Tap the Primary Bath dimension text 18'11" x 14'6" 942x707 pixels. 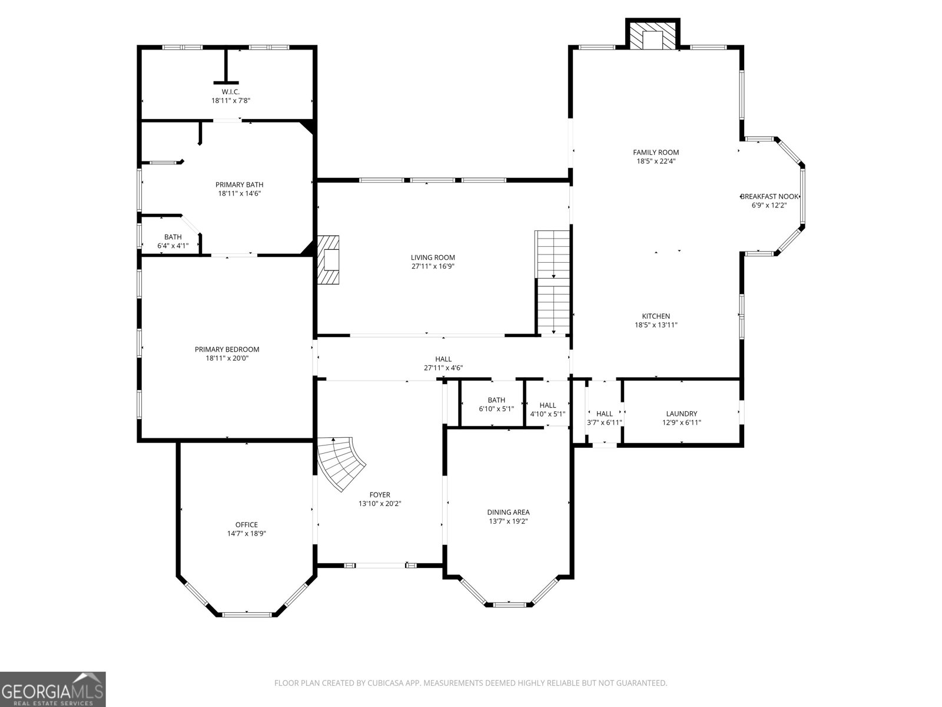239,193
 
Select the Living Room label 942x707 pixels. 433,257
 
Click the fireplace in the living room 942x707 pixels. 329,260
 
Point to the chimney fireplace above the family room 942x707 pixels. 652,37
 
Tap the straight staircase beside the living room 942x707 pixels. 553,283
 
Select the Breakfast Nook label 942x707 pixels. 769,197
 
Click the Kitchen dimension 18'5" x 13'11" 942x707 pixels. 656,325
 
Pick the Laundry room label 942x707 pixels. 681,414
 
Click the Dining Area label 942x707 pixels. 508,512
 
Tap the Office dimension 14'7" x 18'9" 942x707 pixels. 247,533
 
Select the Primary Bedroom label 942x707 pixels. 227,349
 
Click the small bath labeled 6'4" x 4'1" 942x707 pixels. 173,241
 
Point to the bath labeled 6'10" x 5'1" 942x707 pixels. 496,404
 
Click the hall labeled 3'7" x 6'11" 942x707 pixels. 604,418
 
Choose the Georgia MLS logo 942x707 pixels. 52,689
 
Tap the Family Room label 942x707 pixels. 656,152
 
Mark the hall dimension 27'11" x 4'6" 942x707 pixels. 443,368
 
